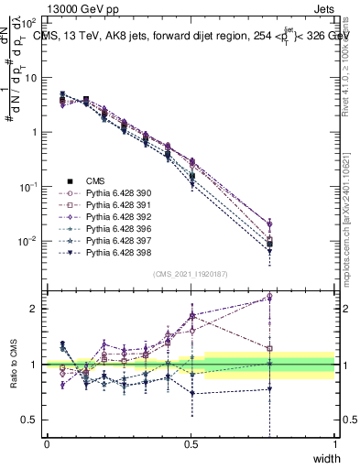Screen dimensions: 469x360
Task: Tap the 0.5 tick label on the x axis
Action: tap(191, 444)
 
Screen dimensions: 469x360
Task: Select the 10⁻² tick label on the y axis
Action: tap(27, 242)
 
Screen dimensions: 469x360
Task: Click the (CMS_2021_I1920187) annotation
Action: tap(190, 273)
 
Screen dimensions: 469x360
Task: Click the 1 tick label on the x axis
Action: tap(334, 444)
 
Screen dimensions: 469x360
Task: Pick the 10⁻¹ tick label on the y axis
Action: tap(27, 187)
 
